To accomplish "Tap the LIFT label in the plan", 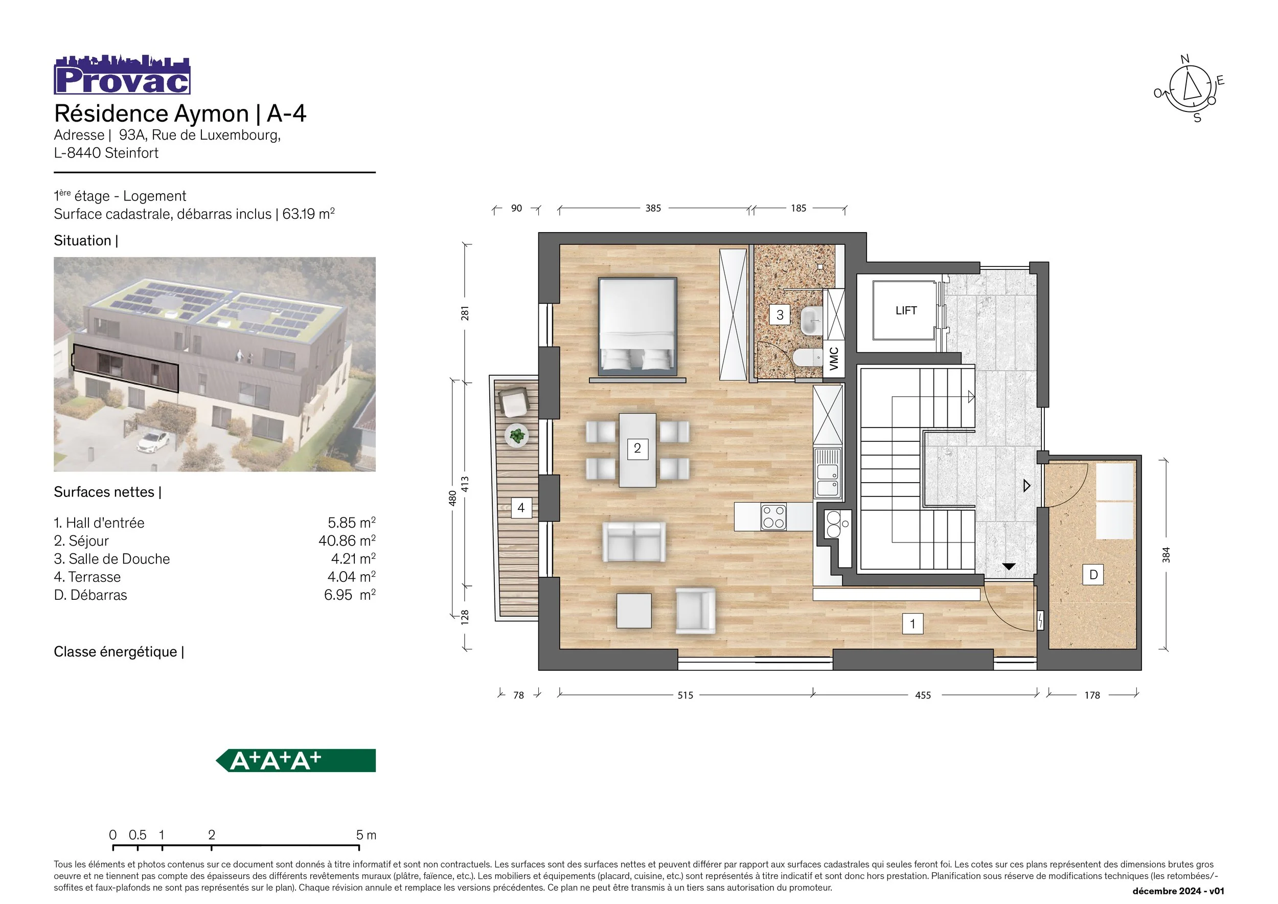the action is [x=906, y=310].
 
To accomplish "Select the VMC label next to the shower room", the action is [x=833, y=359].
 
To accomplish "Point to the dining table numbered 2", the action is [x=637, y=450].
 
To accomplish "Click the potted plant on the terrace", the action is [x=517, y=435].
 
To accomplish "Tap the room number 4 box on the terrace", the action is [x=521, y=508].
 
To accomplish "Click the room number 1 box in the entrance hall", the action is [x=912, y=624].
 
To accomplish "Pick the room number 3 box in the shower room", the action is [x=780, y=315].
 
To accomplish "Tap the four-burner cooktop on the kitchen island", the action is [x=774, y=516].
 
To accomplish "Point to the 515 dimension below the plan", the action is [x=685, y=695].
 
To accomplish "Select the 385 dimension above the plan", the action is [x=653, y=208].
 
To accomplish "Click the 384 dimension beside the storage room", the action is [x=1166, y=555].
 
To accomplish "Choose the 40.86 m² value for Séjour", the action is [x=347, y=541].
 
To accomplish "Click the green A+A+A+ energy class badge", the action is [x=295, y=760].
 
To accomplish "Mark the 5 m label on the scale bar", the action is [x=366, y=835].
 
